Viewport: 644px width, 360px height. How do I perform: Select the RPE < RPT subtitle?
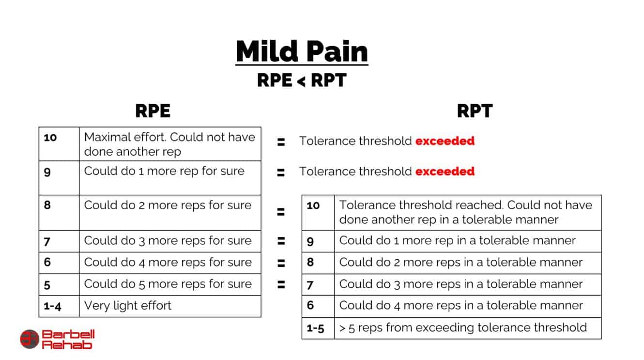click(x=302, y=80)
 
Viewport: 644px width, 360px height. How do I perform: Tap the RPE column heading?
click(x=153, y=111)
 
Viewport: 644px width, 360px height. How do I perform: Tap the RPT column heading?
click(x=475, y=111)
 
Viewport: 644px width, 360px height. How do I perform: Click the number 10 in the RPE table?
click(x=50, y=137)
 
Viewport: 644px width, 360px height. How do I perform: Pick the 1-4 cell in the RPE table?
click(x=52, y=306)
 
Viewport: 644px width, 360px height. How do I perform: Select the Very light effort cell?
click(x=128, y=306)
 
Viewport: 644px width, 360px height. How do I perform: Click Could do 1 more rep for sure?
click(x=164, y=171)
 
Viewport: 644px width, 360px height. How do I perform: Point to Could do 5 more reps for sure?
click(x=168, y=284)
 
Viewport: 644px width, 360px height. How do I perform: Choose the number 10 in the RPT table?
click(x=313, y=205)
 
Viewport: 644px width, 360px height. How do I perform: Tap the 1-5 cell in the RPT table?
click(x=315, y=328)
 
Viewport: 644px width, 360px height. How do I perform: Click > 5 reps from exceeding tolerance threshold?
click(x=463, y=328)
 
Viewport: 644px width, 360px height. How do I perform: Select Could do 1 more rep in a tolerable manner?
click(x=457, y=240)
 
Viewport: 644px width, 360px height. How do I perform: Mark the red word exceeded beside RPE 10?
click(x=445, y=141)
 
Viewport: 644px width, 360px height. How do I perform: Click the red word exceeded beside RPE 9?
click(x=445, y=171)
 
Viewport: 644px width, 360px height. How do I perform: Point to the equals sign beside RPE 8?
click(x=280, y=212)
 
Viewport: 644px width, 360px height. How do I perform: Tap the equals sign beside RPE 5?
click(x=281, y=284)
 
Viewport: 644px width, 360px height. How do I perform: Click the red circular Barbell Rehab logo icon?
click(x=29, y=339)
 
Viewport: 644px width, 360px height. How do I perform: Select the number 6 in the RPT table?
click(x=310, y=305)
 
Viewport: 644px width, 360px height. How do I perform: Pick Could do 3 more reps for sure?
click(x=168, y=241)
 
